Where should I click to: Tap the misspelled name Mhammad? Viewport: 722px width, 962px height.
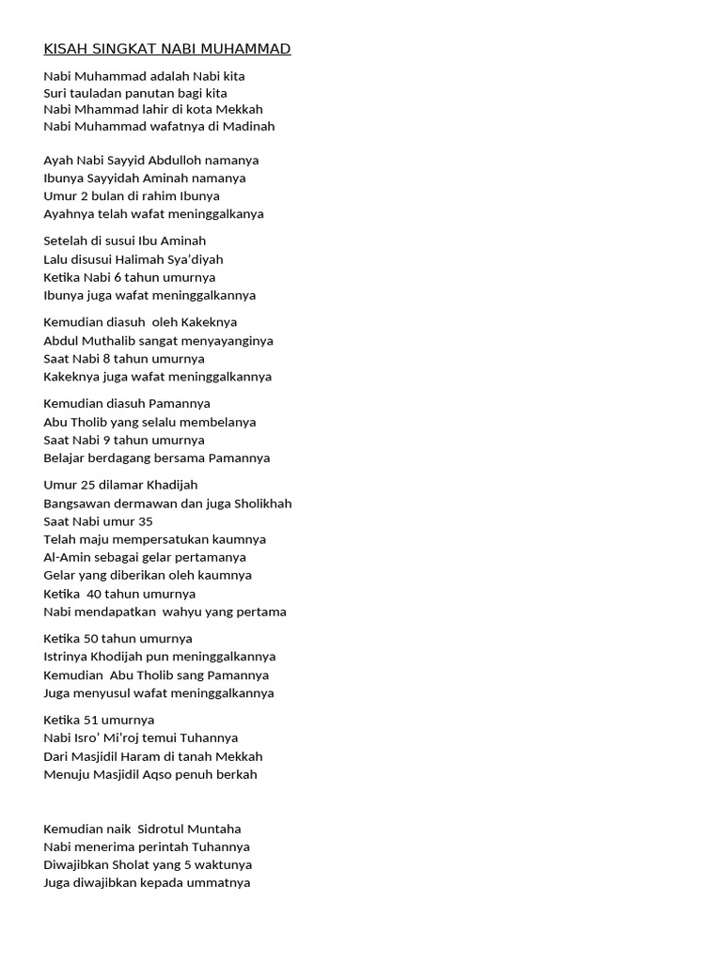104,108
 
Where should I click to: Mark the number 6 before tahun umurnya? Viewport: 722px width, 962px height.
117,277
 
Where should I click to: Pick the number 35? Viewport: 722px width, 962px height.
145,521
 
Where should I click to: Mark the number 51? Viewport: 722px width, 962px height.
93,720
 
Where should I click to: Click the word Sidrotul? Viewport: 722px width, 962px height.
162,829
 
